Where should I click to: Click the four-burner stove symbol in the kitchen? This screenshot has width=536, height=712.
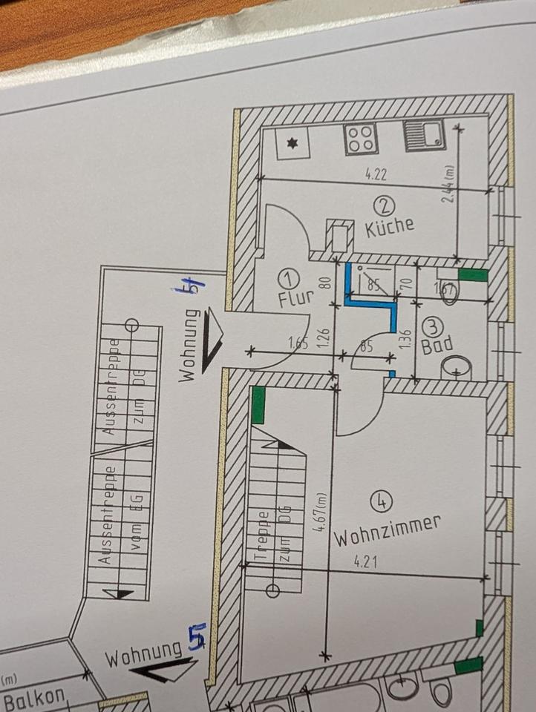click(361, 139)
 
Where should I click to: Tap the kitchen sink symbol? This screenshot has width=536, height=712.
click(424, 136)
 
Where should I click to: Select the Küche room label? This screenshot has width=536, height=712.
click(390, 225)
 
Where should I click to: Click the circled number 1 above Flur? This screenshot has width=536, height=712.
click(289, 279)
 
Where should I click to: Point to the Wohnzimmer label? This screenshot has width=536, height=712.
click(386, 530)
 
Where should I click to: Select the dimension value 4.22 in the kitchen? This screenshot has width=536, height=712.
click(377, 175)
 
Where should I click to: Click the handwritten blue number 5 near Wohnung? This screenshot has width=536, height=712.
click(197, 638)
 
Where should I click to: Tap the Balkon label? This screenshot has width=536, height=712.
click(34, 699)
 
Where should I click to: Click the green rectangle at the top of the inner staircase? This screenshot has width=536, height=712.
click(258, 406)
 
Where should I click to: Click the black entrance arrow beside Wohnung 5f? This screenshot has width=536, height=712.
click(212, 338)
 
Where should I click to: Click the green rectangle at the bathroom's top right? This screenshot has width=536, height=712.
click(473, 275)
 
